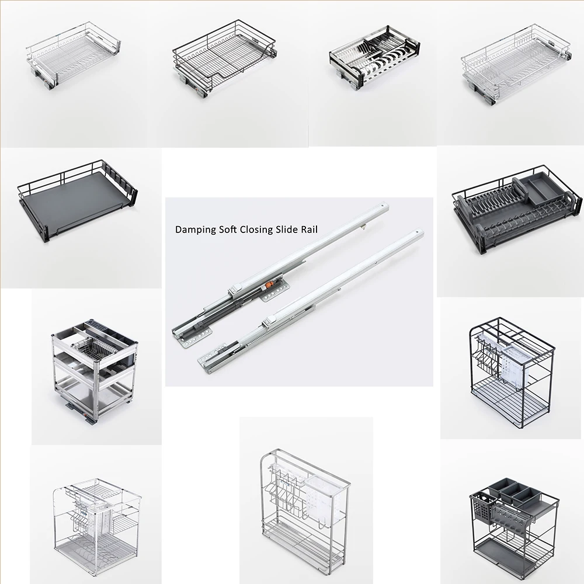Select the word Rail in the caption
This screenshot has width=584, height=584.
tap(307, 230)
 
